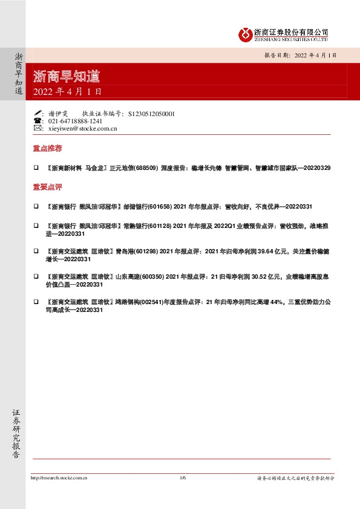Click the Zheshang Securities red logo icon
(245, 34)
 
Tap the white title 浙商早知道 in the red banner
(67, 77)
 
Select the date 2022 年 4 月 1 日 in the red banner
(68, 92)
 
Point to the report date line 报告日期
(299, 54)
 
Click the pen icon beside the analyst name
(38, 113)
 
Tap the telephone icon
(38, 121)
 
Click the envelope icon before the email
(38, 129)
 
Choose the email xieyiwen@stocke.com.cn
(82, 129)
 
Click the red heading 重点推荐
(47, 149)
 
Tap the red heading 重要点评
(47, 187)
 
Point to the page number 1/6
(183, 478)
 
